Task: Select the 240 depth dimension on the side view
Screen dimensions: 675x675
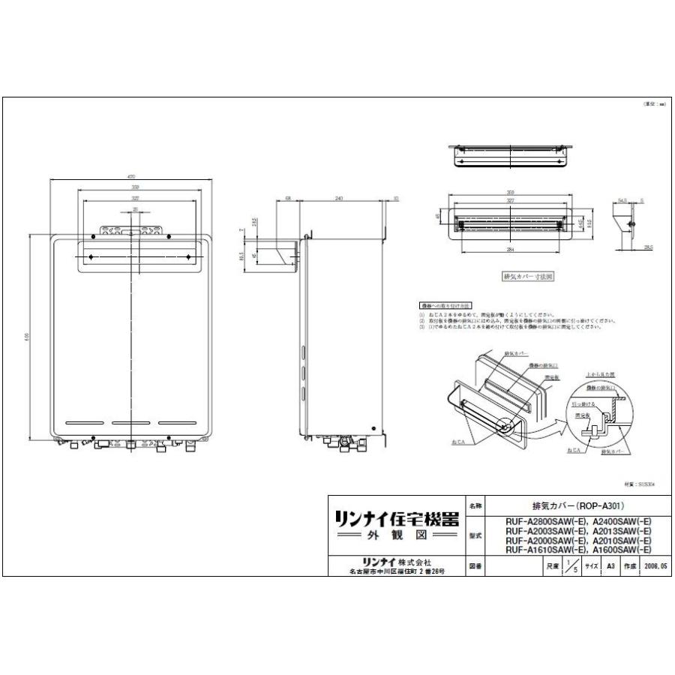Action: tap(339, 199)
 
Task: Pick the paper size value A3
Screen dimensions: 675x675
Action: tap(611, 567)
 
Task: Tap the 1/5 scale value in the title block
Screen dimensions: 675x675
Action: tap(573, 567)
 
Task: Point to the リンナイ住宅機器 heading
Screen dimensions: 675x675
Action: tap(395, 520)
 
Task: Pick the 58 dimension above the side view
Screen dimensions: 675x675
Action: tap(288, 199)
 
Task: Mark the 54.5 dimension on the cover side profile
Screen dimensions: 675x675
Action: tap(622, 201)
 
